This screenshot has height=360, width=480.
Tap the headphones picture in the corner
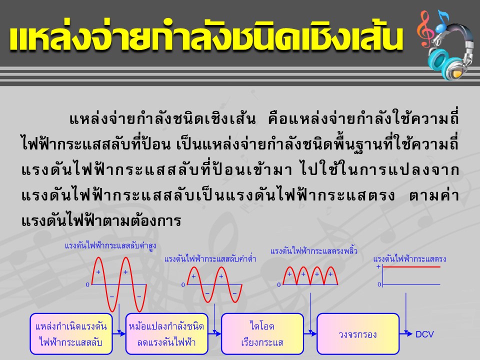[x=449, y=50]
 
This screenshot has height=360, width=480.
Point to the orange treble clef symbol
[x=425, y=29]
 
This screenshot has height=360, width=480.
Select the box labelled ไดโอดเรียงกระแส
[x=262, y=334]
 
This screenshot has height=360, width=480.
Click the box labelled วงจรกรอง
[x=358, y=334]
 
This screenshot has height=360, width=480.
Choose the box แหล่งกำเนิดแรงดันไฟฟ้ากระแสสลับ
[x=71, y=334]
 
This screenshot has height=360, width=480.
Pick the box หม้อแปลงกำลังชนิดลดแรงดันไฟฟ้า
[x=167, y=334]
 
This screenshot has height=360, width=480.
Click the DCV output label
[x=424, y=334]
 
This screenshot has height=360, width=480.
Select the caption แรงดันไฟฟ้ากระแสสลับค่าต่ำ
[x=210, y=259]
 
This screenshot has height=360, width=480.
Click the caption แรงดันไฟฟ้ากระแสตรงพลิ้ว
[x=314, y=251]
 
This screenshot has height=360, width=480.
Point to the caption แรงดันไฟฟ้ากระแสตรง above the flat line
[x=409, y=259]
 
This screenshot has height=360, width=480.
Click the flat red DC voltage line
[x=411, y=267]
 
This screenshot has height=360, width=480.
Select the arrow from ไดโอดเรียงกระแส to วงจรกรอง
[x=310, y=333]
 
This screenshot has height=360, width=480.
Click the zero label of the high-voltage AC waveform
[x=87, y=284]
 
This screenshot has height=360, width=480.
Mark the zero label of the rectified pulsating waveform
[x=279, y=284]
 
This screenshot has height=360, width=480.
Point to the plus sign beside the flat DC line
[x=378, y=266]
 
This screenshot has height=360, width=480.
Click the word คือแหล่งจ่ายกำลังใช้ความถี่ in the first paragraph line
[x=363, y=119]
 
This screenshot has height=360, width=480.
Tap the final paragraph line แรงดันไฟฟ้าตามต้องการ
[x=101, y=220]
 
